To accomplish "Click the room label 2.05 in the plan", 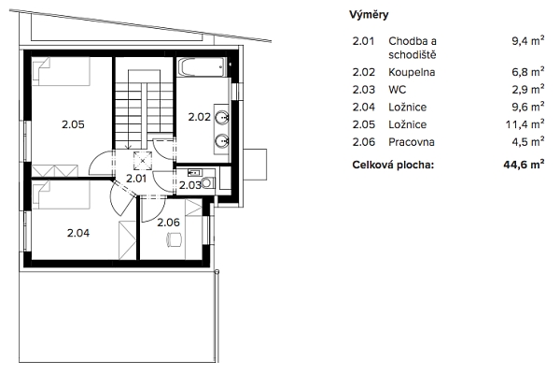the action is (73, 124).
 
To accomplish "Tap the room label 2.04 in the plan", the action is (78, 233).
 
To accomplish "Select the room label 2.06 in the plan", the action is (169, 223).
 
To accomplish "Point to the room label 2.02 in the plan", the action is (200, 117).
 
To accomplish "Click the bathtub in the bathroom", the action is (202, 67).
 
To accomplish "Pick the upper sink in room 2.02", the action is (222, 117).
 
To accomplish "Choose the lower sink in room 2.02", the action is (222, 141).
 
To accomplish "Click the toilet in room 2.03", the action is (208, 183).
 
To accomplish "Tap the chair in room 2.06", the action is (174, 239).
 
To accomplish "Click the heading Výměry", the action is (369, 15).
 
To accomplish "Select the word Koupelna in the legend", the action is (412, 72).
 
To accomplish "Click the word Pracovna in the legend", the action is (412, 142).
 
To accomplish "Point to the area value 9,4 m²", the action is (528, 41).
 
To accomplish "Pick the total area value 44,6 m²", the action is (524, 165).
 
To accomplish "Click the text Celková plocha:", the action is (393, 165).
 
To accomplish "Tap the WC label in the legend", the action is (398, 90).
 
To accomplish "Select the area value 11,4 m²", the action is (525, 124).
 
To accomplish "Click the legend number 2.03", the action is (364, 90).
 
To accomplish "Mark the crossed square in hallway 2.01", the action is (143, 161).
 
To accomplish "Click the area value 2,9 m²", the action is (528, 89).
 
